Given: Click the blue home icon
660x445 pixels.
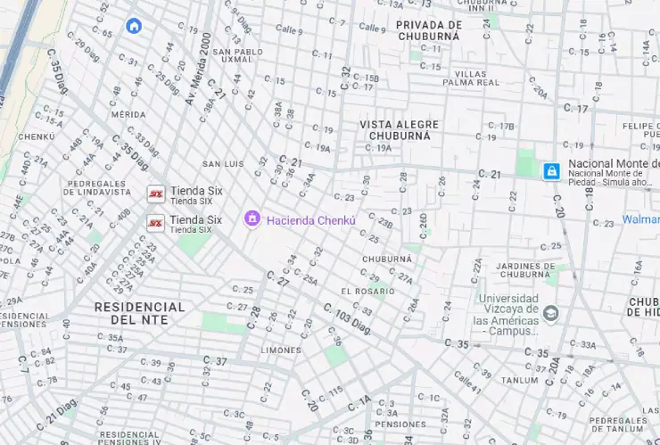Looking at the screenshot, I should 134,26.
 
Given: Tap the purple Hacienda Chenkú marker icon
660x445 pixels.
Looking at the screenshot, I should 252,218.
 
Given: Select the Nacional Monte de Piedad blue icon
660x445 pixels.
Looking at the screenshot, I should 552,169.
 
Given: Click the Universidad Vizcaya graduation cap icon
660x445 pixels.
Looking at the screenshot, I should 551,313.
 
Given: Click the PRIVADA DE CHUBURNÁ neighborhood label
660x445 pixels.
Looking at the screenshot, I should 428,30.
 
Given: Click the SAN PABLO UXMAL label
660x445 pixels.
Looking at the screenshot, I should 238,57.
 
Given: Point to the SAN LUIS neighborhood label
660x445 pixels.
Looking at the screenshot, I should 223,164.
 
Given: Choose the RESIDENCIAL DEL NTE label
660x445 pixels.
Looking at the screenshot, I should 140,313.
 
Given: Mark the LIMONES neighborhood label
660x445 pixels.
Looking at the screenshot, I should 281,350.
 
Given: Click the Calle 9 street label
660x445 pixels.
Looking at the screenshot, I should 372,29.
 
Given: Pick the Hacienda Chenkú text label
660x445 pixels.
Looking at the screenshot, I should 311,219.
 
